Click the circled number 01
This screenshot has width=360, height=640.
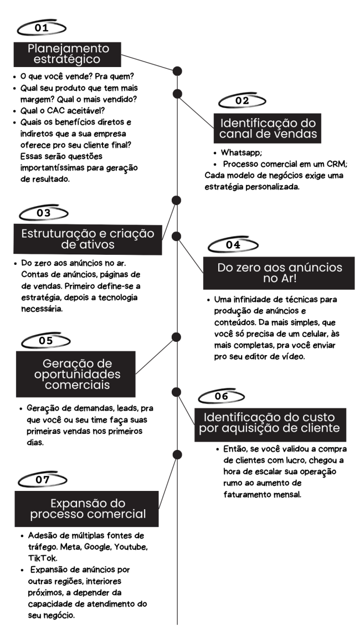tap(41, 28)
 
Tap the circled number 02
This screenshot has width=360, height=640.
tap(242, 101)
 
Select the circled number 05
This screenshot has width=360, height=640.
tap(46, 340)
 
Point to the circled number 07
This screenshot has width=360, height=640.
tap(43, 480)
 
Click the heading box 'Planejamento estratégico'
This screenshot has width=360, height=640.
tap(68, 54)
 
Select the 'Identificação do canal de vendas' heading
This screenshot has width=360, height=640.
tap(268, 128)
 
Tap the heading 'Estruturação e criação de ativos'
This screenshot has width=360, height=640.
tap(88, 239)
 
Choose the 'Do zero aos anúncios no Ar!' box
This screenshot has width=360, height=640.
tap(279, 273)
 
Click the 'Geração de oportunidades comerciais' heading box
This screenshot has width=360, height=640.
tap(76, 374)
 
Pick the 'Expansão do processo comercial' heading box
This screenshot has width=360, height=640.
tap(86, 509)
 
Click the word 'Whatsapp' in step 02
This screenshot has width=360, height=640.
tap(241, 152)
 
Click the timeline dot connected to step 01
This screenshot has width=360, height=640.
tap(177, 71)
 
